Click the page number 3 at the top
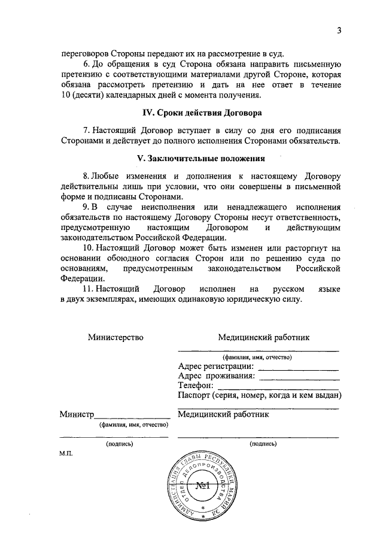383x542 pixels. tap(339, 31)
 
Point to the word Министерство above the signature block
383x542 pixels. tap(116, 337)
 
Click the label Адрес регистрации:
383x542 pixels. tap(216, 367)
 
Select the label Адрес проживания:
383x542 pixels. tap(217, 376)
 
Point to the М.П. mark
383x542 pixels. tap(66, 455)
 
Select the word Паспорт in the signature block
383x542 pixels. tap(194, 395)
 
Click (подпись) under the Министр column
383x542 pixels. tap(119, 444)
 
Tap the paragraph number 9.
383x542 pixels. tap(86, 206)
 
